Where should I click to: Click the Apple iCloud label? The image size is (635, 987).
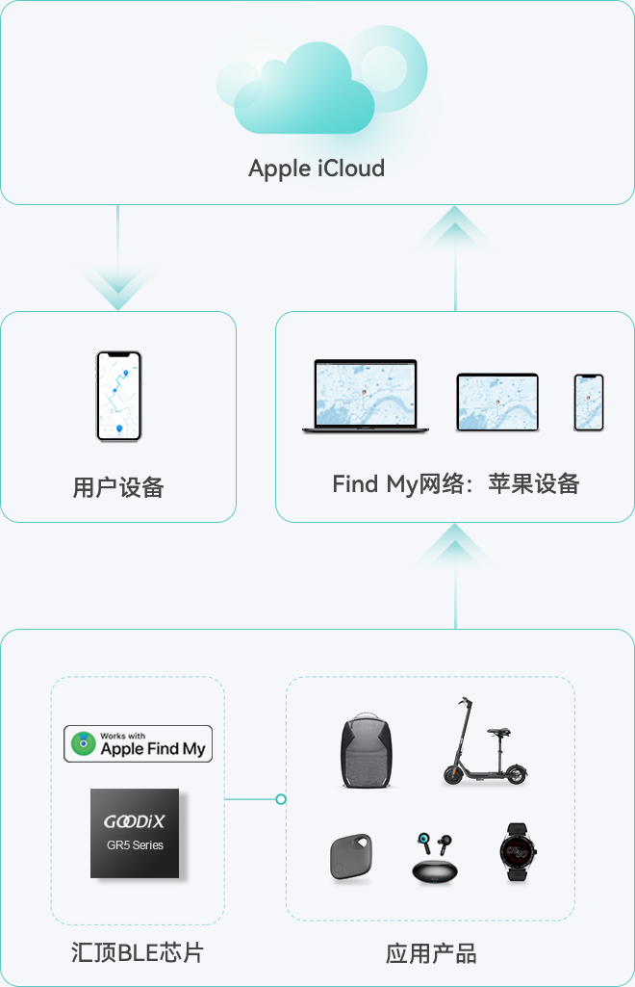(317, 169)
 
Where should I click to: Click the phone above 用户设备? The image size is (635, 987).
(118, 396)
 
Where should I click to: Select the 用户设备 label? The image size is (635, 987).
(118, 487)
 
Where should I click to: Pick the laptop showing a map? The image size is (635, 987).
(366, 396)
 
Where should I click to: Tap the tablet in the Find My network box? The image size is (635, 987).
(496, 403)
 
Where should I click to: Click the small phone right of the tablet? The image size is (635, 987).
(589, 403)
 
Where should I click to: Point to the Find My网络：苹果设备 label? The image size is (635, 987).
(455, 483)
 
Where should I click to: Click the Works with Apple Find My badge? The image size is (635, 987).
(138, 743)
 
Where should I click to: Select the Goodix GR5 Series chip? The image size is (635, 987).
(135, 833)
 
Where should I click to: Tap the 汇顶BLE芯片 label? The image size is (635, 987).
(138, 953)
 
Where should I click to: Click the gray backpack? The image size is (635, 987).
(367, 752)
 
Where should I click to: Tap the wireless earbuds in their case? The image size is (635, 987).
(434, 858)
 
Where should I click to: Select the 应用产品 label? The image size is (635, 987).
(430, 953)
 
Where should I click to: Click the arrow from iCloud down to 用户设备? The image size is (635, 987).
(118, 279)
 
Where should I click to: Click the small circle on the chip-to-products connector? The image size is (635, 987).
(281, 799)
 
